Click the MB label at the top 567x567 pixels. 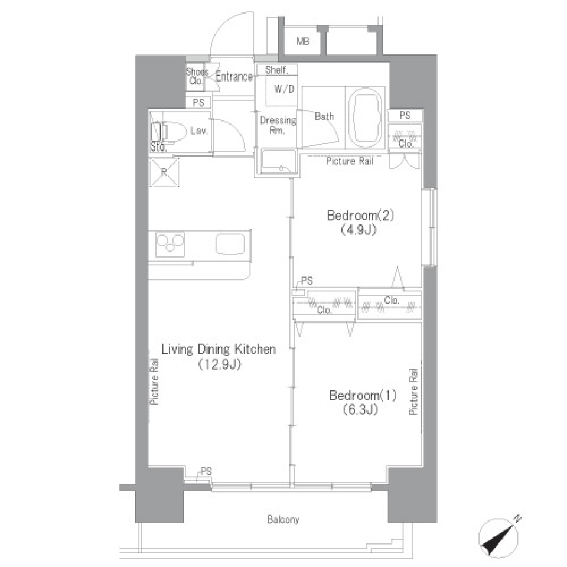click(x=303, y=41)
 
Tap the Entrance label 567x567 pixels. click(x=234, y=77)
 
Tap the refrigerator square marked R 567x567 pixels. click(x=164, y=172)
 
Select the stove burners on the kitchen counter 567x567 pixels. click(x=170, y=243)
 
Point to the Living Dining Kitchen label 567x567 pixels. click(x=219, y=350)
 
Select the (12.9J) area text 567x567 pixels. click(x=219, y=364)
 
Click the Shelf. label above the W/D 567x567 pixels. click(x=276, y=70)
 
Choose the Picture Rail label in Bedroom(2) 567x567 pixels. click(x=350, y=161)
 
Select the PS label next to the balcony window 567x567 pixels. click(x=206, y=471)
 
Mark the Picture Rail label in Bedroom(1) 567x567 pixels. click(x=414, y=391)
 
